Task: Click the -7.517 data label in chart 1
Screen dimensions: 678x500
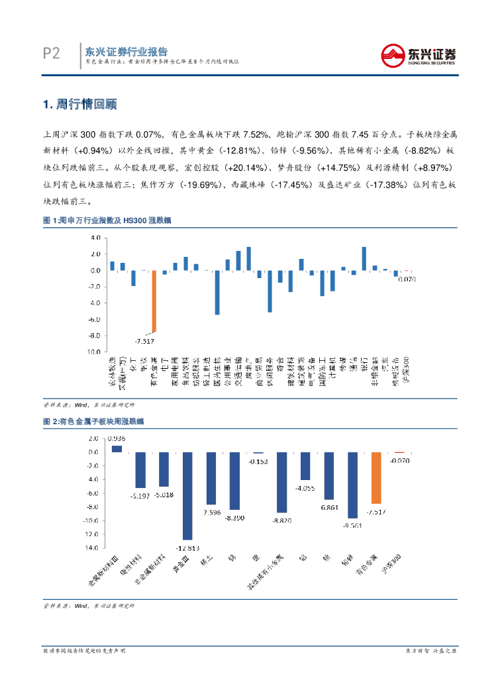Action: click(144, 341)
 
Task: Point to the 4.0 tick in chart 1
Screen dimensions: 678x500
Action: click(95, 238)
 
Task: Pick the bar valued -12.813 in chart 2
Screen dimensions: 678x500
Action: click(187, 496)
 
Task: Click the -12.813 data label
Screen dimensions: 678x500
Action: click(187, 548)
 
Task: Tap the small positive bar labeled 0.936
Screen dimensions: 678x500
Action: click(117, 448)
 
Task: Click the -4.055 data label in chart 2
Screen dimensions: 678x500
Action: click(305, 488)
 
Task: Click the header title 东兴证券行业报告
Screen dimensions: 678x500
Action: click(125, 52)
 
